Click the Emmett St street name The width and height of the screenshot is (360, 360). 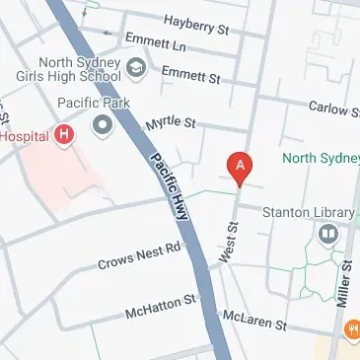[190, 74]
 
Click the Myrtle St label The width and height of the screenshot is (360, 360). [172, 124]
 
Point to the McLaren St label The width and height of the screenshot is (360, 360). [253, 323]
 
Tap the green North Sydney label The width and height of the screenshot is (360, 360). [322, 158]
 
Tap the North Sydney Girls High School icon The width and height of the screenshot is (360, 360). [136, 67]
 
